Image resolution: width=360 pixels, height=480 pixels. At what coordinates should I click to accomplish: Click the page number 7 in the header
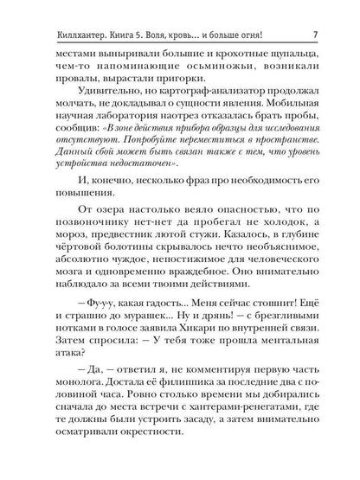(x=317, y=12)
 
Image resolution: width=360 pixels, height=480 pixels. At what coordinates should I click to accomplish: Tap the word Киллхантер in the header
(x=60, y=12)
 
